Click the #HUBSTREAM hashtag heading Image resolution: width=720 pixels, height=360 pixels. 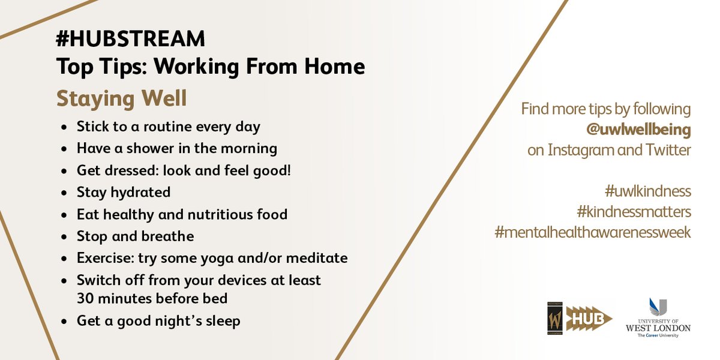(x=131, y=40)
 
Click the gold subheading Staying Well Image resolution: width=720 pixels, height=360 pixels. (x=122, y=98)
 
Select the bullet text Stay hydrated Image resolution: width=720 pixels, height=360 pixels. (x=124, y=192)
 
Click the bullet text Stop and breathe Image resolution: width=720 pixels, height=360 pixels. (x=135, y=236)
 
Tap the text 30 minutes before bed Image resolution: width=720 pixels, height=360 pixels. (x=152, y=298)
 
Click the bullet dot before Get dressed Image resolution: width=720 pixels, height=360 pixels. (x=65, y=171)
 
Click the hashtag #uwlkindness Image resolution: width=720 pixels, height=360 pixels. (x=648, y=191)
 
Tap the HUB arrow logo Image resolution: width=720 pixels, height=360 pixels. (x=589, y=318)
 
